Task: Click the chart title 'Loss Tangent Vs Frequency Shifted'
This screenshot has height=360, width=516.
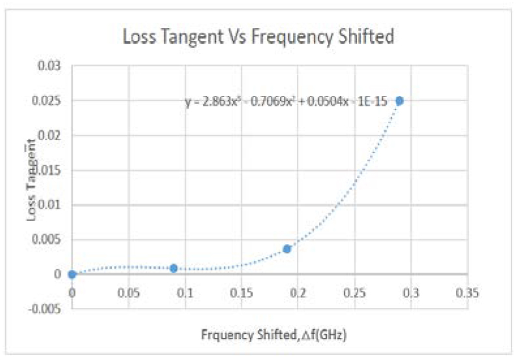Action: click(x=258, y=37)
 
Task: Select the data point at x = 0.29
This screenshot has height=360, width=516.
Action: click(x=399, y=100)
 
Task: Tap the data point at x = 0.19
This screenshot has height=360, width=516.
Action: click(x=286, y=248)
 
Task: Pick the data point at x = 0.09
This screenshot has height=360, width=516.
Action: click(x=174, y=268)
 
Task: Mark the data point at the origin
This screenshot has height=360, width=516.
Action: click(x=72, y=275)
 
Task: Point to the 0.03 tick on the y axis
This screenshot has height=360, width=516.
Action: click(x=49, y=66)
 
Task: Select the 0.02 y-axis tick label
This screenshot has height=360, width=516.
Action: click(x=49, y=136)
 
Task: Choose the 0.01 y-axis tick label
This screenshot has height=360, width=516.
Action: click(x=49, y=205)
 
